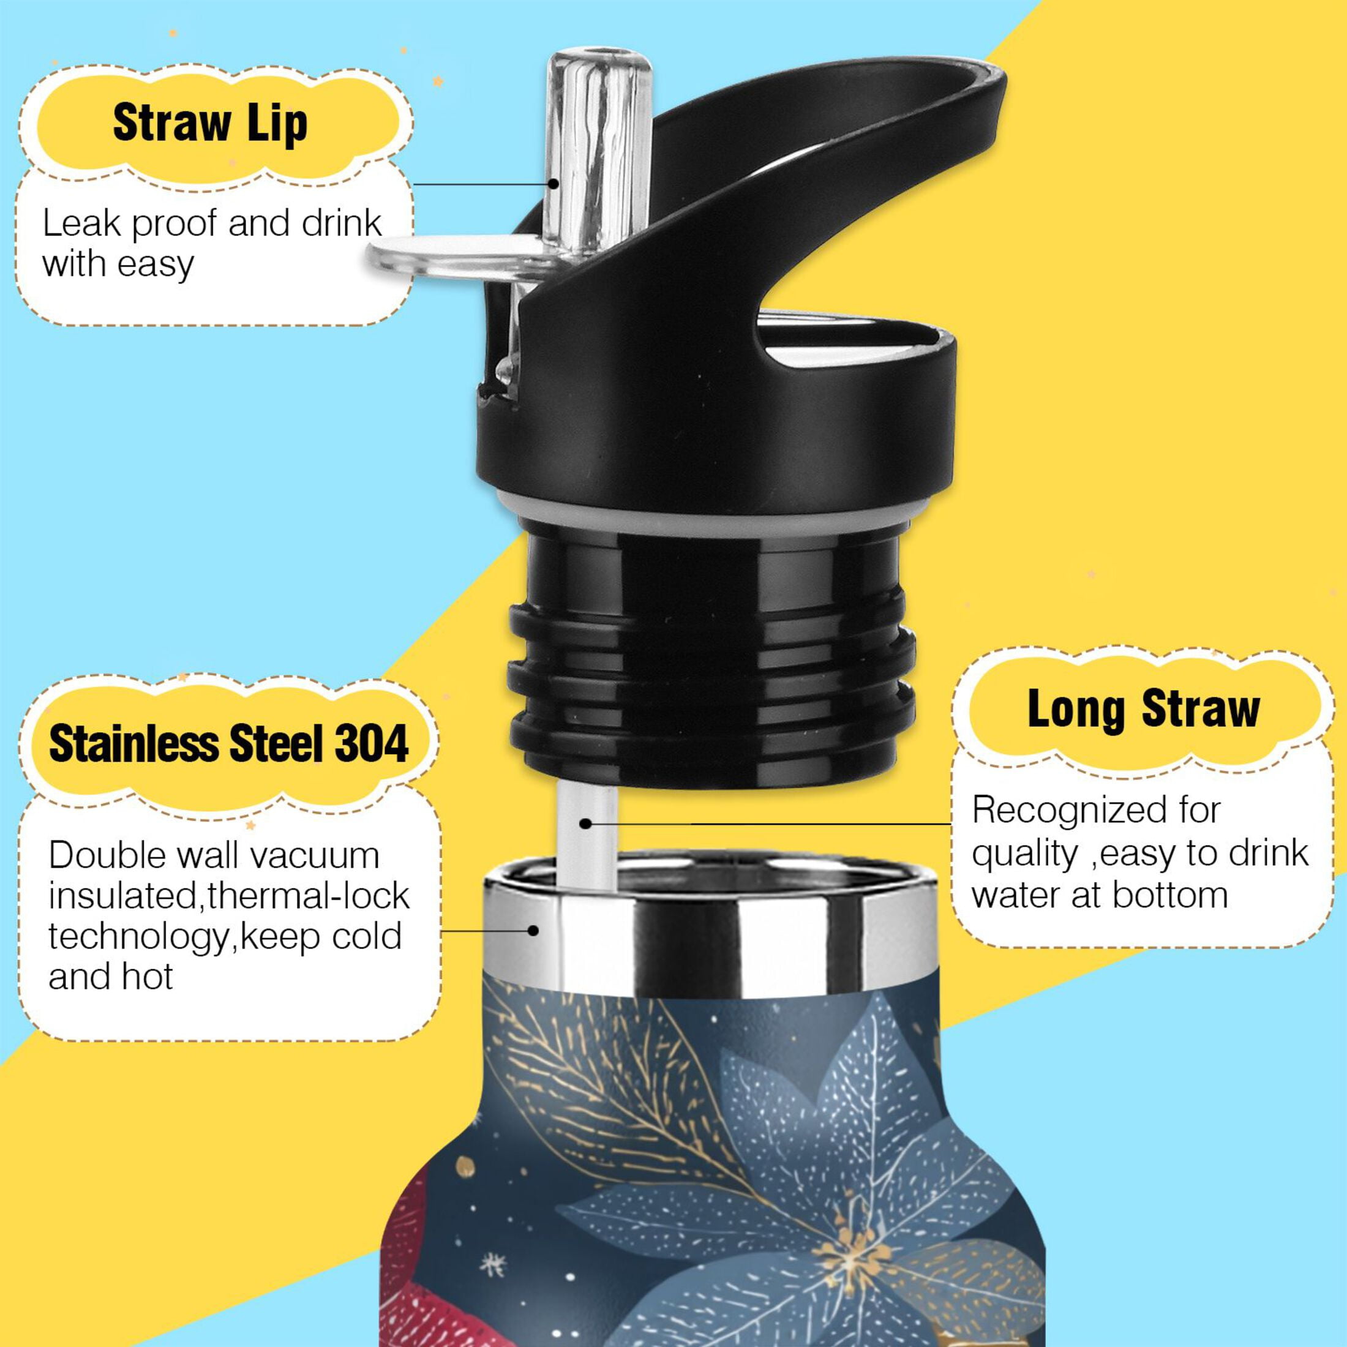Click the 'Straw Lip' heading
(210, 124)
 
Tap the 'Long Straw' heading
(1143, 709)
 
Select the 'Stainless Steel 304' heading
(228, 743)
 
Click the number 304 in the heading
(372, 743)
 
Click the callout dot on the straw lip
(552, 184)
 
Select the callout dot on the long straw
(586, 824)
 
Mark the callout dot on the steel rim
(533, 930)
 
